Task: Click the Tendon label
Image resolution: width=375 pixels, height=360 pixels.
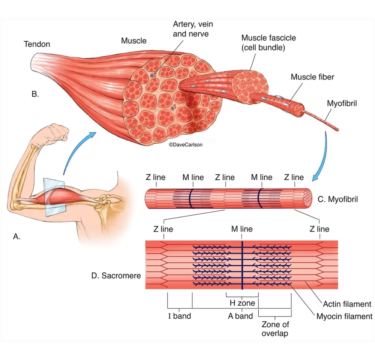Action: coord(37,44)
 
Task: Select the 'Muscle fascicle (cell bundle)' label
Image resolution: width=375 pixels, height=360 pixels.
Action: coord(268,43)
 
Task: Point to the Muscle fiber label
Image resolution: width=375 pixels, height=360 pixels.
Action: coord(312,77)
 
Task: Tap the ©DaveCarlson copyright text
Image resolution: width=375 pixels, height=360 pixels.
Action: coord(185,144)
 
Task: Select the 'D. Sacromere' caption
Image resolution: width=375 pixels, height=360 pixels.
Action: coord(116,276)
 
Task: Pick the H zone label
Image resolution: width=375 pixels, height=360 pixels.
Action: coord(242,303)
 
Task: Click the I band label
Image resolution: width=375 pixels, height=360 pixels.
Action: coord(179,316)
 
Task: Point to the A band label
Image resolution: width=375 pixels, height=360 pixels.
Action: coord(240,316)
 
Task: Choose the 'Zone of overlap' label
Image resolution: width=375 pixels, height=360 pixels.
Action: coord(275,328)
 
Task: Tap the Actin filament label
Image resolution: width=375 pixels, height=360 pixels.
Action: coord(347,304)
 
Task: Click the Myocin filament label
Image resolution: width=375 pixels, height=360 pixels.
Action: coord(344,316)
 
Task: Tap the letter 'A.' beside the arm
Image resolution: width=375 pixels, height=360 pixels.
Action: coord(16,236)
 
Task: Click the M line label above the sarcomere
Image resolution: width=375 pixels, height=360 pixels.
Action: coord(241,229)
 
